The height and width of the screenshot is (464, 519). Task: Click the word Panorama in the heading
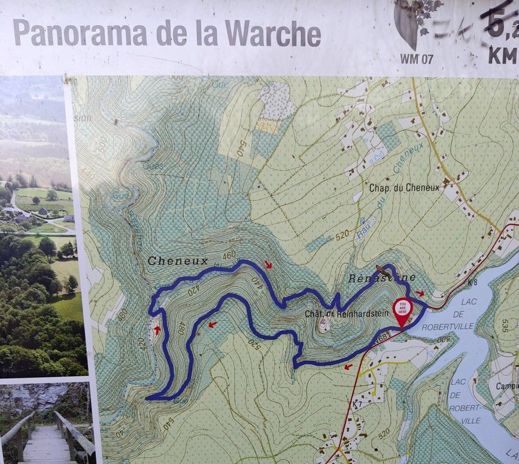(80, 32)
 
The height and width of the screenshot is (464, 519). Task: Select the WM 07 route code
(415, 59)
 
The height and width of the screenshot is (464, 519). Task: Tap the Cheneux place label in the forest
(178, 261)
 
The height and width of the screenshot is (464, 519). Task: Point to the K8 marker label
(473, 281)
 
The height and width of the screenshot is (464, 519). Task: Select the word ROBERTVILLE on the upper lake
(448, 327)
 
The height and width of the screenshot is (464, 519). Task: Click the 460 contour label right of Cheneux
(229, 255)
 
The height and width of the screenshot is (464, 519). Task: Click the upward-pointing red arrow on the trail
(157, 329)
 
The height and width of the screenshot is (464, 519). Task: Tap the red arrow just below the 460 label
(268, 264)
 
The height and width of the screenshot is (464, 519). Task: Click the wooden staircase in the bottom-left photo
(45, 441)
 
